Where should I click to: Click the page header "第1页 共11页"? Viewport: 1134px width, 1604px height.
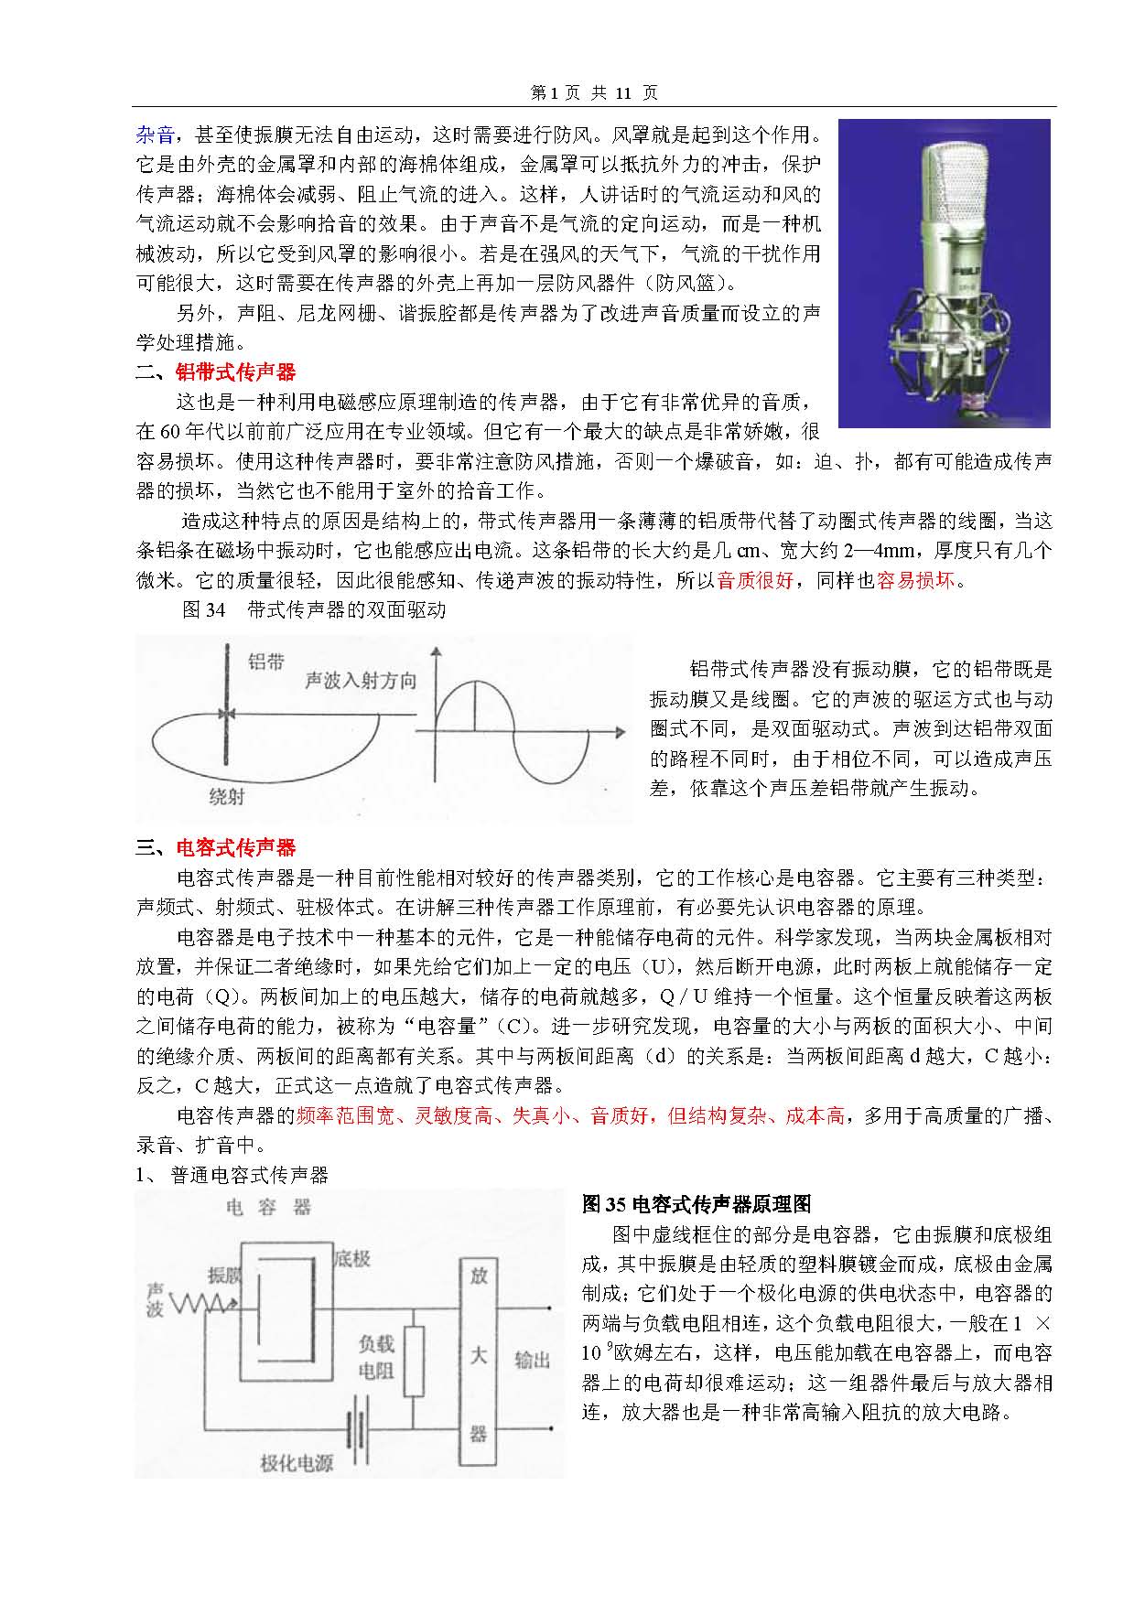tap(594, 92)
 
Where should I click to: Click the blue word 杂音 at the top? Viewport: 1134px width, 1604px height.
tap(155, 135)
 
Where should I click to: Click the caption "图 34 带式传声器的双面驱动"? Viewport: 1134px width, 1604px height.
tap(314, 609)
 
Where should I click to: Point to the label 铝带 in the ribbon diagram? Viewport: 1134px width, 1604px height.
tap(266, 662)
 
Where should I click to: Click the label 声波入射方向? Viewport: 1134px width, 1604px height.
tap(361, 681)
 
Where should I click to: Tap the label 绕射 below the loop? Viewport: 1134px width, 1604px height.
tap(227, 796)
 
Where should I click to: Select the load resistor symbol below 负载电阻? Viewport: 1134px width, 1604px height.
tap(414, 1362)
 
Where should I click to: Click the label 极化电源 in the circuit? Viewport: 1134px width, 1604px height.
tap(297, 1463)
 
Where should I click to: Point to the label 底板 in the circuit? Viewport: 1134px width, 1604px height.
tap(352, 1259)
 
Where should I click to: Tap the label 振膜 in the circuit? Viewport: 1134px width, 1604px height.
tap(225, 1275)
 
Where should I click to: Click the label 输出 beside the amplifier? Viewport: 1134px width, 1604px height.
tap(532, 1361)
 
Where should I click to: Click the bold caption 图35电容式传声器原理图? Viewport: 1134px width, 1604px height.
tap(697, 1204)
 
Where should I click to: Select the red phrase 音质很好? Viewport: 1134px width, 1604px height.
tap(755, 580)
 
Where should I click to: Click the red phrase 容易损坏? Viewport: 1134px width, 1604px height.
tap(914, 580)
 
